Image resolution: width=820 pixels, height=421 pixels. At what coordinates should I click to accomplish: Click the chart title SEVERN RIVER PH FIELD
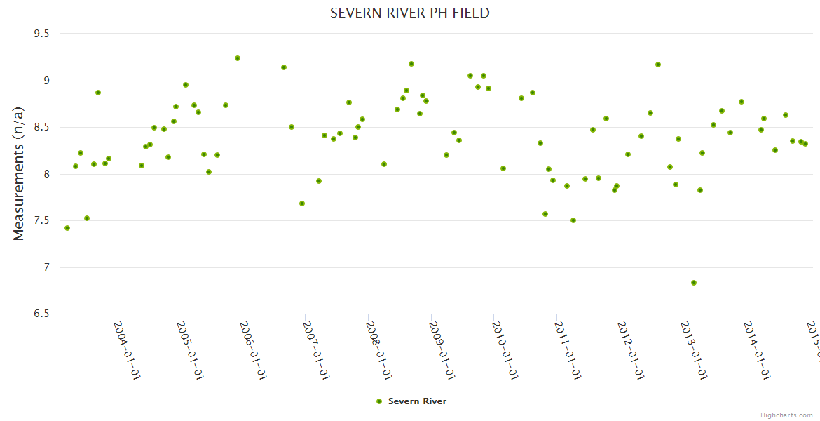(x=409, y=13)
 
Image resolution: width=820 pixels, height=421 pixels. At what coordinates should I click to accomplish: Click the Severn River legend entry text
(x=417, y=401)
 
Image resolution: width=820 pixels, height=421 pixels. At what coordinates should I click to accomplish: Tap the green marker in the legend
(x=379, y=401)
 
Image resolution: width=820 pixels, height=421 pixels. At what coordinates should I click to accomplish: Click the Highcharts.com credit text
(x=786, y=415)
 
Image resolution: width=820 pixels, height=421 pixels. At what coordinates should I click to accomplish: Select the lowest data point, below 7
(x=694, y=283)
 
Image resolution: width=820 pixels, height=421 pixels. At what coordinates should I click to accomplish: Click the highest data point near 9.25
(x=238, y=58)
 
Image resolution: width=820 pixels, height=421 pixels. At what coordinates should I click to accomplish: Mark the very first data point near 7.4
(x=67, y=228)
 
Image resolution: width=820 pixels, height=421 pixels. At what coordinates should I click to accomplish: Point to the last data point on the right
(x=805, y=144)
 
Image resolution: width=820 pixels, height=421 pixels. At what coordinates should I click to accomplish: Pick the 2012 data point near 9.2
(x=658, y=65)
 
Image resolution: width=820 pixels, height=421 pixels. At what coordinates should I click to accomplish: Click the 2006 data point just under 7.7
(x=302, y=203)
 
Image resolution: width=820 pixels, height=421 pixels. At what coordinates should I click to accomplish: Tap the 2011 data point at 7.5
(x=573, y=220)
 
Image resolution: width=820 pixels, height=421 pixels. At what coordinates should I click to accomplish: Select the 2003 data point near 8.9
(x=98, y=93)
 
